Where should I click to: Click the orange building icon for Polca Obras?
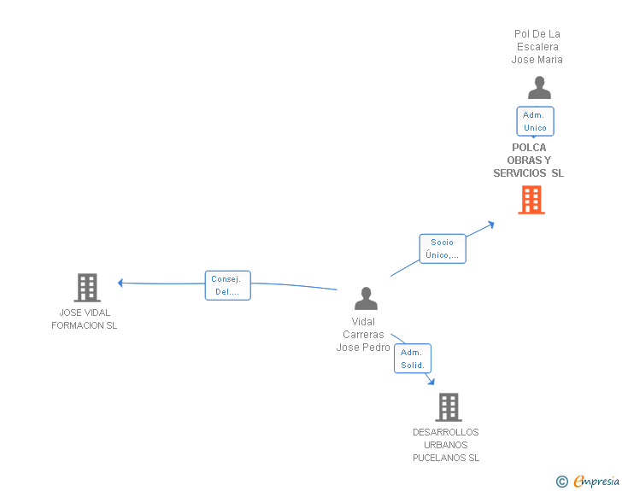click(x=531, y=200)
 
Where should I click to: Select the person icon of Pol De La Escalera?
click(x=539, y=88)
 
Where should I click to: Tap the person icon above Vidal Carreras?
click(x=366, y=299)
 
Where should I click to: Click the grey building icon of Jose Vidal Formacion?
click(x=87, y=288)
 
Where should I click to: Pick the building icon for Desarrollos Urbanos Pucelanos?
click(x=449, y=407)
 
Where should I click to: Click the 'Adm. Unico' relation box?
click(x=535, y=121)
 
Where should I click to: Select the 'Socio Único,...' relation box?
click(x=443, y=248)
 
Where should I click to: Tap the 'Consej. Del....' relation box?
click(x=227, y=285)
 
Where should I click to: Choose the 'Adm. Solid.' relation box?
click(x=413, y=359)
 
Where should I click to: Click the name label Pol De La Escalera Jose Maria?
click(x=537, y=47)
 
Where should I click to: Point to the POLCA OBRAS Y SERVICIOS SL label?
click(x=528, y=161)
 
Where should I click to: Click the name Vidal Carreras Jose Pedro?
click(x=363, y=335)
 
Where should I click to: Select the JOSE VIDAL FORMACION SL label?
click(x=85, y=319)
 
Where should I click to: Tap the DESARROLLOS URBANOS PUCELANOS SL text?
click(x=446, y=445)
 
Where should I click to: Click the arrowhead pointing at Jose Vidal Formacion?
click(x=121, y=283)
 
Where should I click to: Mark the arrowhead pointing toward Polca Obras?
click(x=490, y=224)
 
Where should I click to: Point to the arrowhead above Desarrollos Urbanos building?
click(x=431, y=381)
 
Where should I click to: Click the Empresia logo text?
click(x=596, y=482)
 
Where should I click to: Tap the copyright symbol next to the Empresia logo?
click(x=561, y=482)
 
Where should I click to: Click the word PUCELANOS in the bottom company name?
click(x=446, y=458)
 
